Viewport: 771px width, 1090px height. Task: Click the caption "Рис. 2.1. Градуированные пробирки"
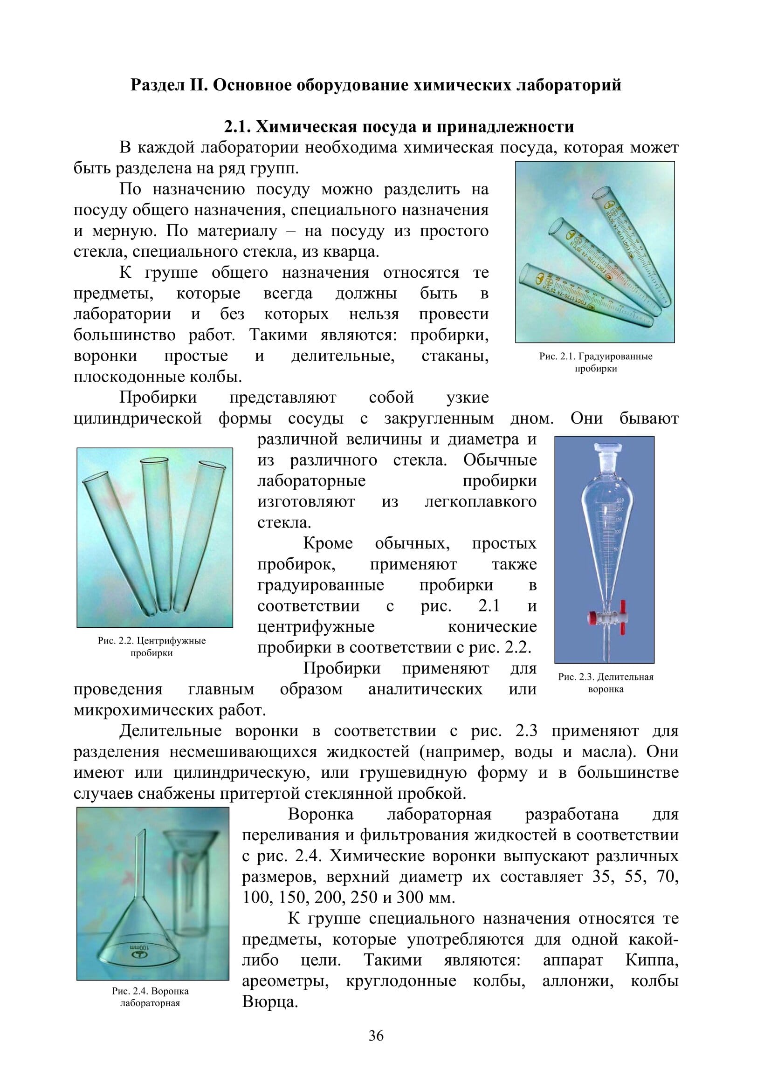[x=595, y=362]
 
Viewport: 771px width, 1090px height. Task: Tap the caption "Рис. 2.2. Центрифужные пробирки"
[x=152, y=647]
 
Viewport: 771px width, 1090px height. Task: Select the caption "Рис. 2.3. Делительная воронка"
[x=606, y=683]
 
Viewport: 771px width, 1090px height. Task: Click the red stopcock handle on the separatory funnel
[x=593, y=618]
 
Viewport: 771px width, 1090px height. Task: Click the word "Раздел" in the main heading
[x=158, y=85]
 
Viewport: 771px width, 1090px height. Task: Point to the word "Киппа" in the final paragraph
[x=652, y=960]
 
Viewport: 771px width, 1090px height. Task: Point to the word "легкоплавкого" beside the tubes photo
[x=481, y=501]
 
